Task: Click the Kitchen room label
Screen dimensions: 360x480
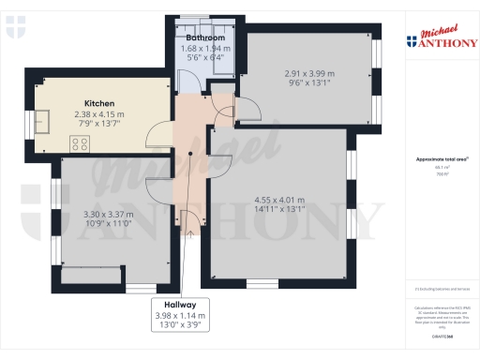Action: click(x=100, y=102)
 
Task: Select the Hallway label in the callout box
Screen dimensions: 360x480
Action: click(x=181, y=305)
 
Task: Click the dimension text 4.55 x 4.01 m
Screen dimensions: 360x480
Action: click(x=280, y=199)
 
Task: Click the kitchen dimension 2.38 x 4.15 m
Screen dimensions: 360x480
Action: click(x=100, y=114)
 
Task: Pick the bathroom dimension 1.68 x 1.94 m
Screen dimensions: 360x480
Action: click(x=204, y=49)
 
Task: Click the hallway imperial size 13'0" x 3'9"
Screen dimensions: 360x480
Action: click(x=181, y=327)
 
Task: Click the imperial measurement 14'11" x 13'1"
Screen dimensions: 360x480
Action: click(x=280, y=210)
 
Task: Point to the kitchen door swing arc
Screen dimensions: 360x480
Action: click(x=159, y=137)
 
